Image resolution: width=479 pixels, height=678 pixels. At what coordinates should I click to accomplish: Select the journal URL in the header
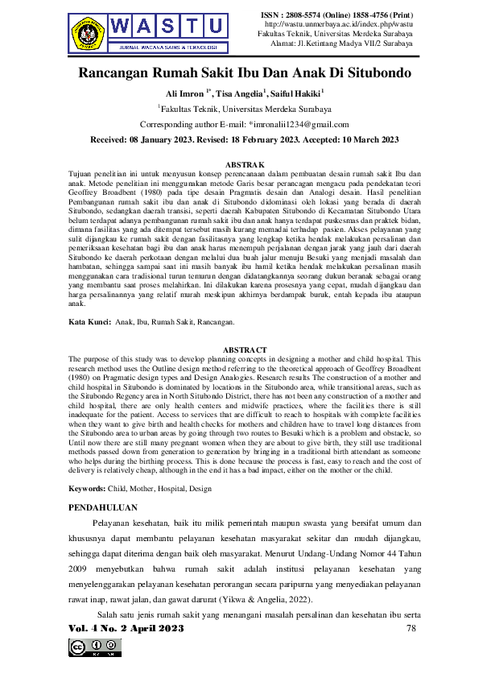pos(337,25)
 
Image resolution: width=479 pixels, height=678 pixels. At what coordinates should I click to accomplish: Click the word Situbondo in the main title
pos(370,73)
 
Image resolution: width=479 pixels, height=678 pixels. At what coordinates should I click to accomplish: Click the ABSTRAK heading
pos(244,163)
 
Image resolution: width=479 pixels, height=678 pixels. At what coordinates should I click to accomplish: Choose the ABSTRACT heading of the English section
pos(244,349)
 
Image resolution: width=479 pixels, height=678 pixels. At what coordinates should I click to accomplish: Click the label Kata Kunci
pos(89,322)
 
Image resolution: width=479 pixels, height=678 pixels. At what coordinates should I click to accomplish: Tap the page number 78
pos(411,627)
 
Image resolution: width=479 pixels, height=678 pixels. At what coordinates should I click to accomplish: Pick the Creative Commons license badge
pos(95,647)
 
